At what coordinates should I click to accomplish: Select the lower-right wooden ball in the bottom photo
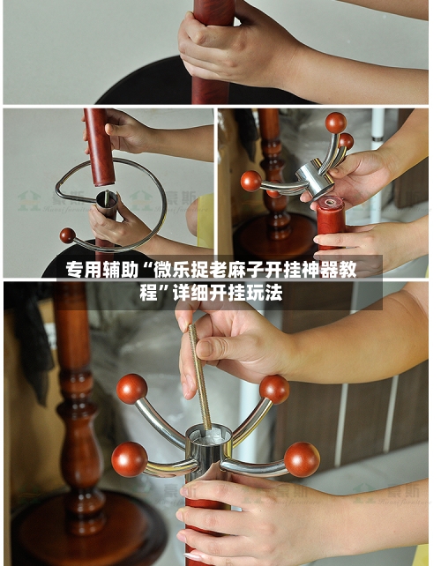pos(302,458)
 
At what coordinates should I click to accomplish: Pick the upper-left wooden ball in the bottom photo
pos(132,389)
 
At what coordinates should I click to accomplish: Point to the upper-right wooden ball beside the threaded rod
pos(273,389)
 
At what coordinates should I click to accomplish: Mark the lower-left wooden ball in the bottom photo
pos(129,458)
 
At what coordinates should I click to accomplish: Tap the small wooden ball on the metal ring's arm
pos(67,235)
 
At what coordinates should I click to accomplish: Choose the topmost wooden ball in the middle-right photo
pos(335,122)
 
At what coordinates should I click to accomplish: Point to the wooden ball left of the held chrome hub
pos(251,181)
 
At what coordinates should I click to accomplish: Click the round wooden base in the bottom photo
pos(88,533)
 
